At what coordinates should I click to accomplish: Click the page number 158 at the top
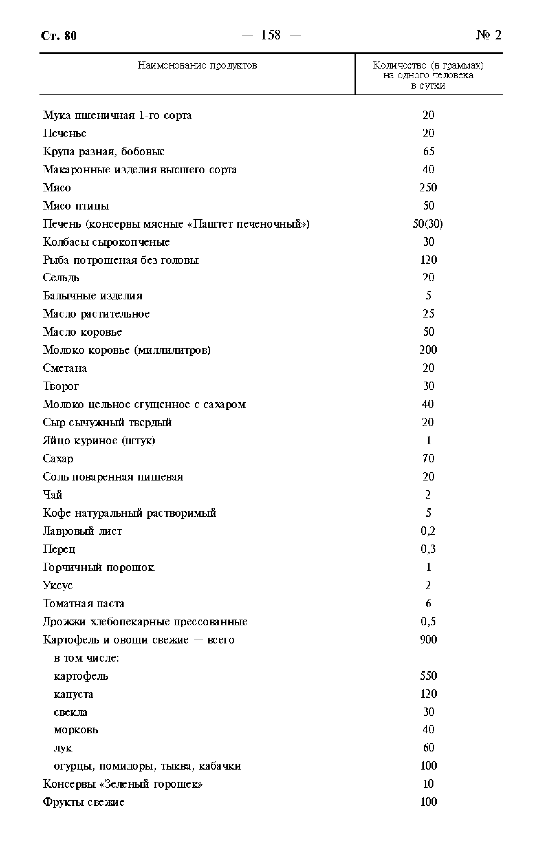[x=271, y=35]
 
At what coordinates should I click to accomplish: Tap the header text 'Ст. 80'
[x=59, y=36]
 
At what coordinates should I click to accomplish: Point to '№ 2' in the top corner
[x=489, y=35]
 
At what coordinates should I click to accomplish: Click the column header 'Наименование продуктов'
[x=197, y=65]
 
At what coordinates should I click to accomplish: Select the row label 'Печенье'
[x=65, y=133]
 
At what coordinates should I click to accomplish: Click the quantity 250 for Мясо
[x=428, y=188]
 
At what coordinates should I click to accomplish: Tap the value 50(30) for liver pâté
[x=428, y=224]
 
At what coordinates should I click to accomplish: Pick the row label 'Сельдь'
[x=61, y=278]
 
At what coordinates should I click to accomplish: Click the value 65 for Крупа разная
[x=429, y=151]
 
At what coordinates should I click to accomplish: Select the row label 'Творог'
[x=61, y=386]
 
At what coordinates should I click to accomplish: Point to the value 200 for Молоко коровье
[x=428, y=350]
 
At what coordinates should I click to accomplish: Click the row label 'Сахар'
[x=58, y=459]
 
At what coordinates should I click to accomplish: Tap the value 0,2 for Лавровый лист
[x=428, y=531]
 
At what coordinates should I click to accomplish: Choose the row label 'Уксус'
[x=58, y=585]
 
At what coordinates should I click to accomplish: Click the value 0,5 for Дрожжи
[x=428, y=621]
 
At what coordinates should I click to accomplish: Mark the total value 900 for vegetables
[x=428, y=639]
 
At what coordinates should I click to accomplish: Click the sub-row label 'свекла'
[x=71, y=712]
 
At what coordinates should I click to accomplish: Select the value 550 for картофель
[x=428, y=675]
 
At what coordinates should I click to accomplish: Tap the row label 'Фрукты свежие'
[x=83, y=802]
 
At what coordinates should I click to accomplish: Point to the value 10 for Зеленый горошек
[x=428, y=784]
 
